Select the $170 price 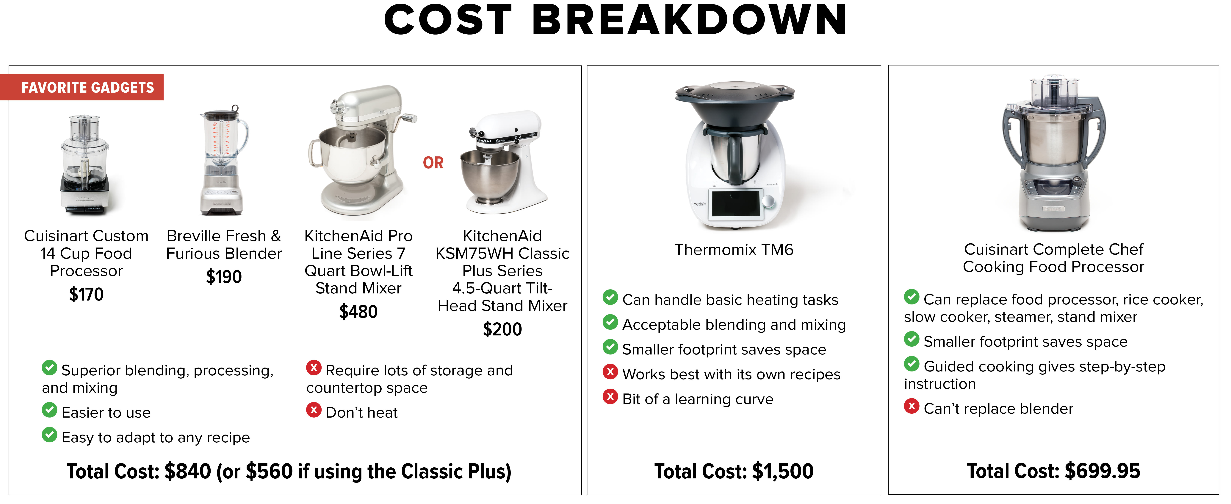click(x=86, y=294)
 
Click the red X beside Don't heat click(x=314, y=410)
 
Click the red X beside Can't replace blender click(x=911, y=406)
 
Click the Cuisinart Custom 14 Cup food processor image click(x=85, y=165)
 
